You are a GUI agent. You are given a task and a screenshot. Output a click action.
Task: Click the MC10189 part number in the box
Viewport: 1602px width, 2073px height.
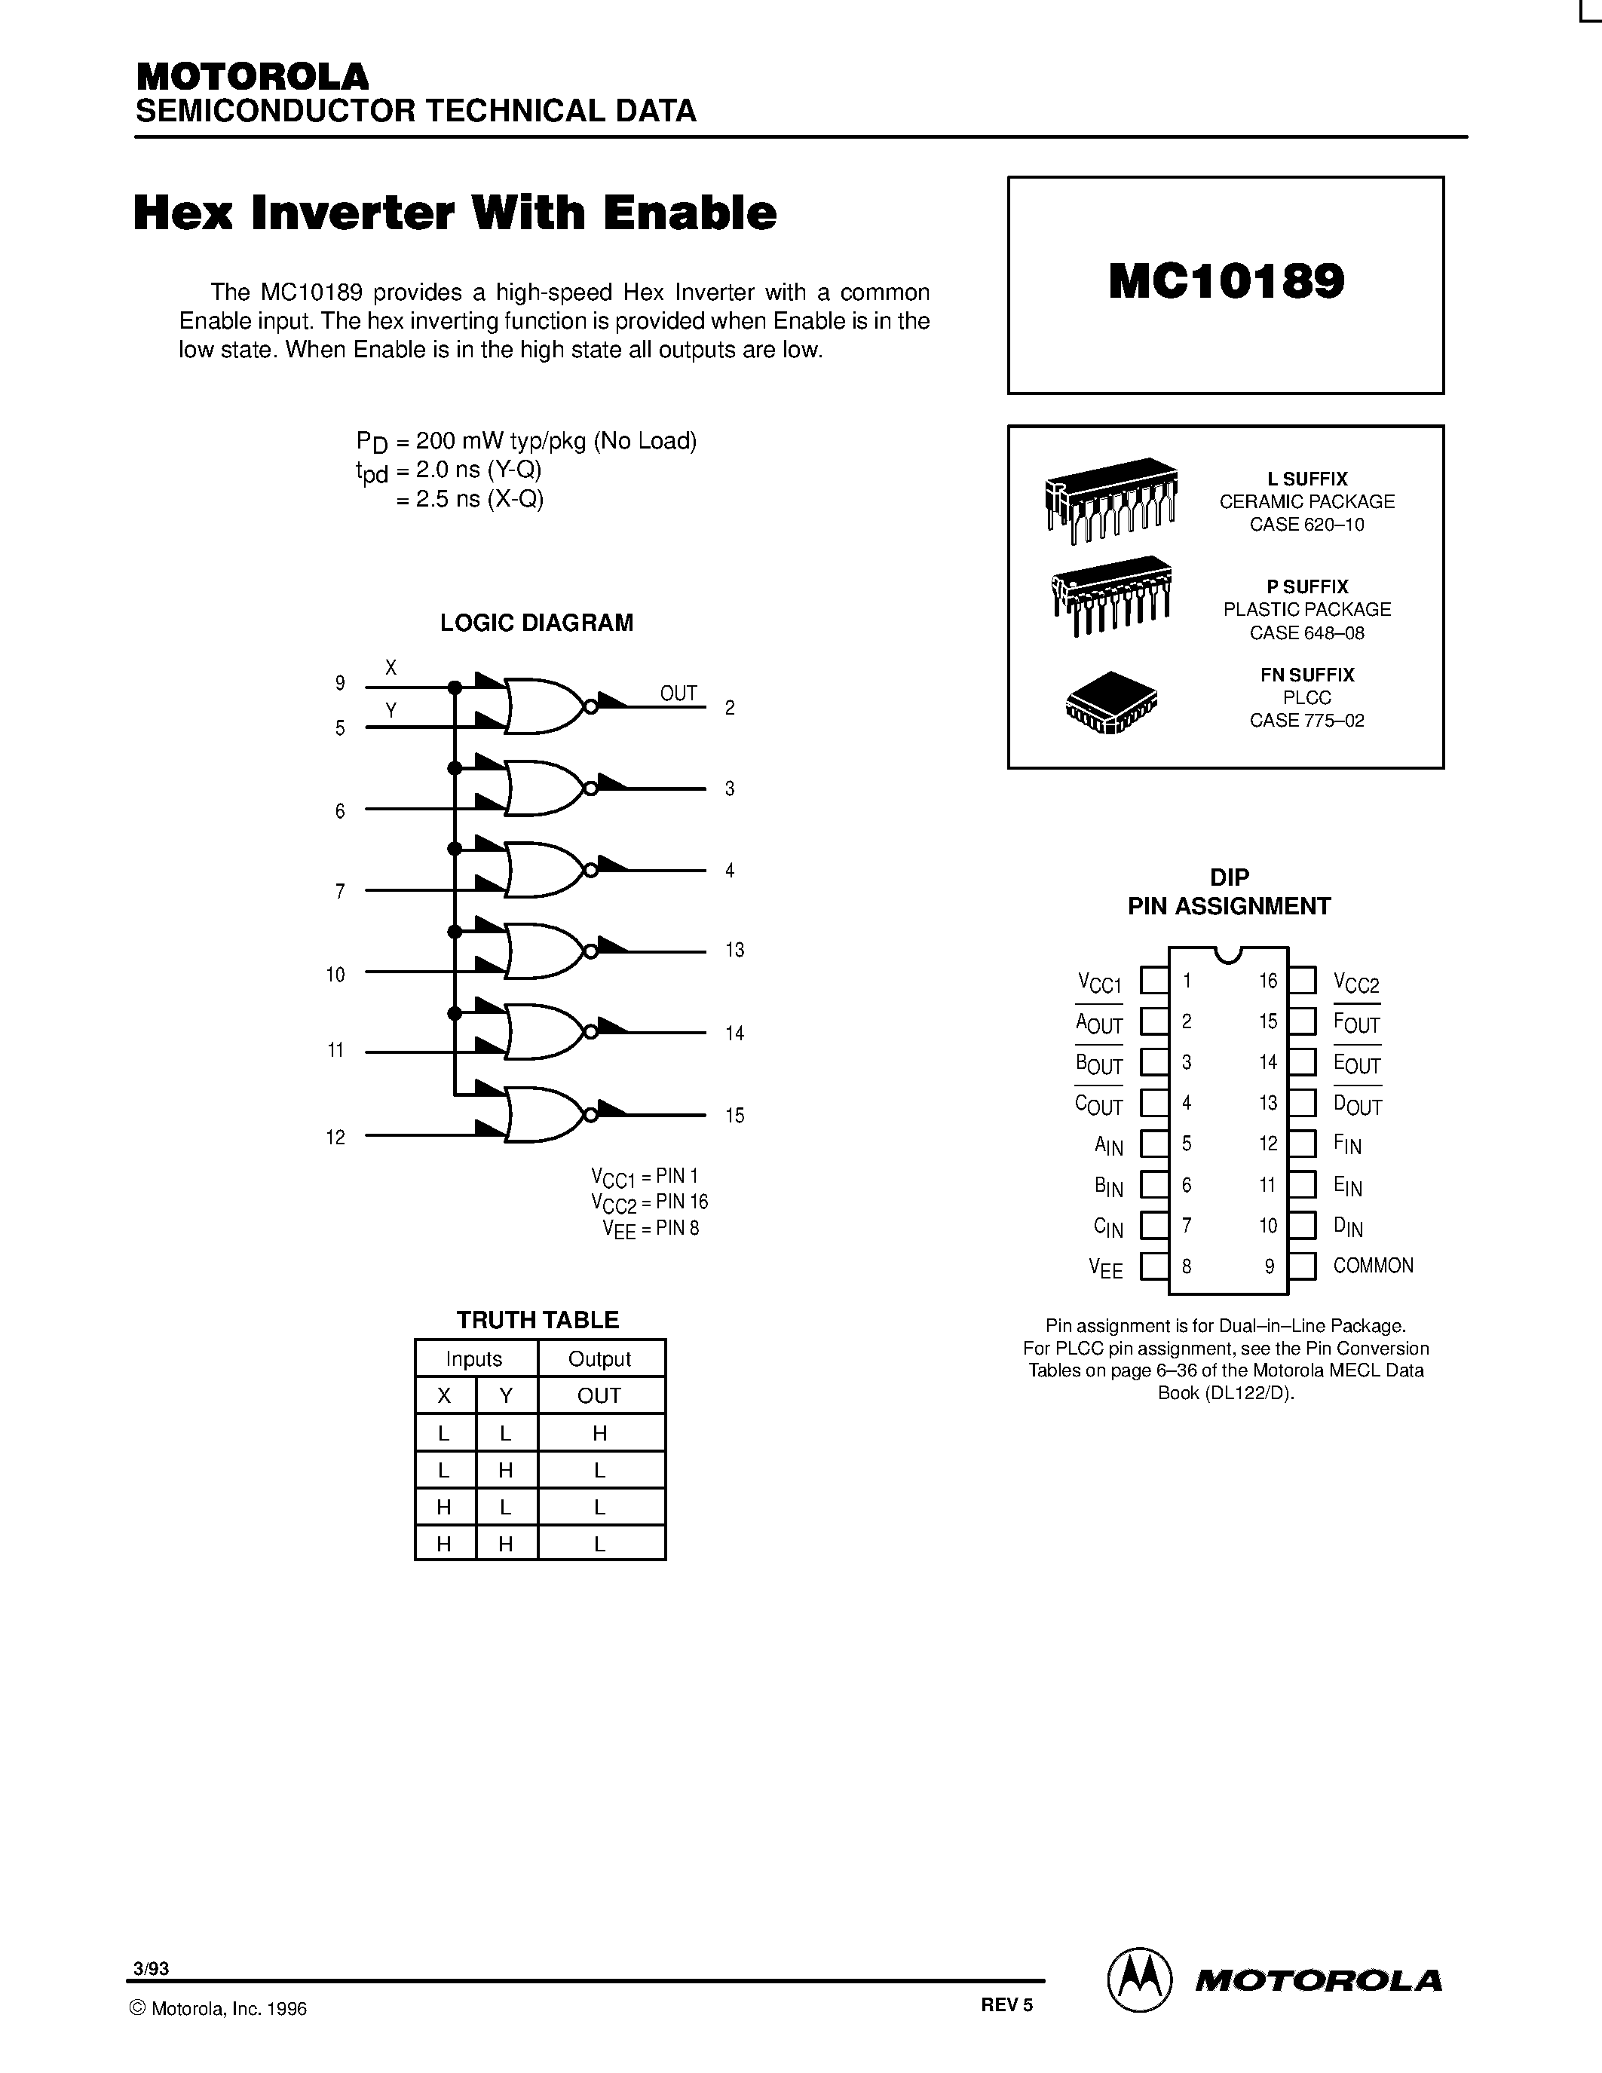[1226, 282]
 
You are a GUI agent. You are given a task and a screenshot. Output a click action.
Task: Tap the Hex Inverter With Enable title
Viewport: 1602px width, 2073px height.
[455, 213]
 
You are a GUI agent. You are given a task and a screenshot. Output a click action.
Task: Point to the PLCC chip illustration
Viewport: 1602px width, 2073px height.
[1111, 703]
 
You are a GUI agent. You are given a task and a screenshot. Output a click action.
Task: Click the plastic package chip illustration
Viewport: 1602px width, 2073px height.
[1111, 594]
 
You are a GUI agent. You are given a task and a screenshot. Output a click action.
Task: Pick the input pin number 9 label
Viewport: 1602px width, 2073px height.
[340, 682]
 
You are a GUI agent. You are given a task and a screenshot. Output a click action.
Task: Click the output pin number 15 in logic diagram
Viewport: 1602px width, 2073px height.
[734, 1116]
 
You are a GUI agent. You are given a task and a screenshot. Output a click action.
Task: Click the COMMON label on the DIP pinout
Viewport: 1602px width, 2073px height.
[1372, 1265]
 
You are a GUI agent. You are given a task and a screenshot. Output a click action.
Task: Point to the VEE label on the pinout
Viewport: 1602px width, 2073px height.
[1106, 1267]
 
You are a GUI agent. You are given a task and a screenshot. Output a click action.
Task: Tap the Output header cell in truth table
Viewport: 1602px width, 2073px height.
[600, 1358]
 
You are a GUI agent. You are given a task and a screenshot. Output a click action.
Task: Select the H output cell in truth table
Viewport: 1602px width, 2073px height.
[600, 1432]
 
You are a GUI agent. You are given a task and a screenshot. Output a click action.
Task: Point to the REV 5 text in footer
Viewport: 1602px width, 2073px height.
[1006, 2004]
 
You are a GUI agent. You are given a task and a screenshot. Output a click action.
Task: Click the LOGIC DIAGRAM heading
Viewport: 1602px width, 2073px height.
[536, 623]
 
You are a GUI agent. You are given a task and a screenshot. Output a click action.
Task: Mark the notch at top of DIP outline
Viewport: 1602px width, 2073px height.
[1228, 953]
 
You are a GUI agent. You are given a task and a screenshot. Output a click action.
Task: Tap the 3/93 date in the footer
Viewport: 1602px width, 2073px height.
[152, 1967]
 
